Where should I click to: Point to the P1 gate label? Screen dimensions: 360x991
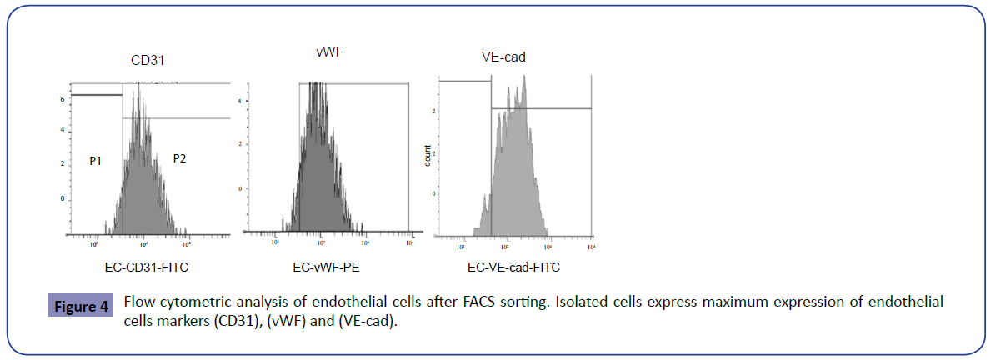tap(96, 158)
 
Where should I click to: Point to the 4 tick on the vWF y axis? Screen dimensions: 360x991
tap(239, 102)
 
